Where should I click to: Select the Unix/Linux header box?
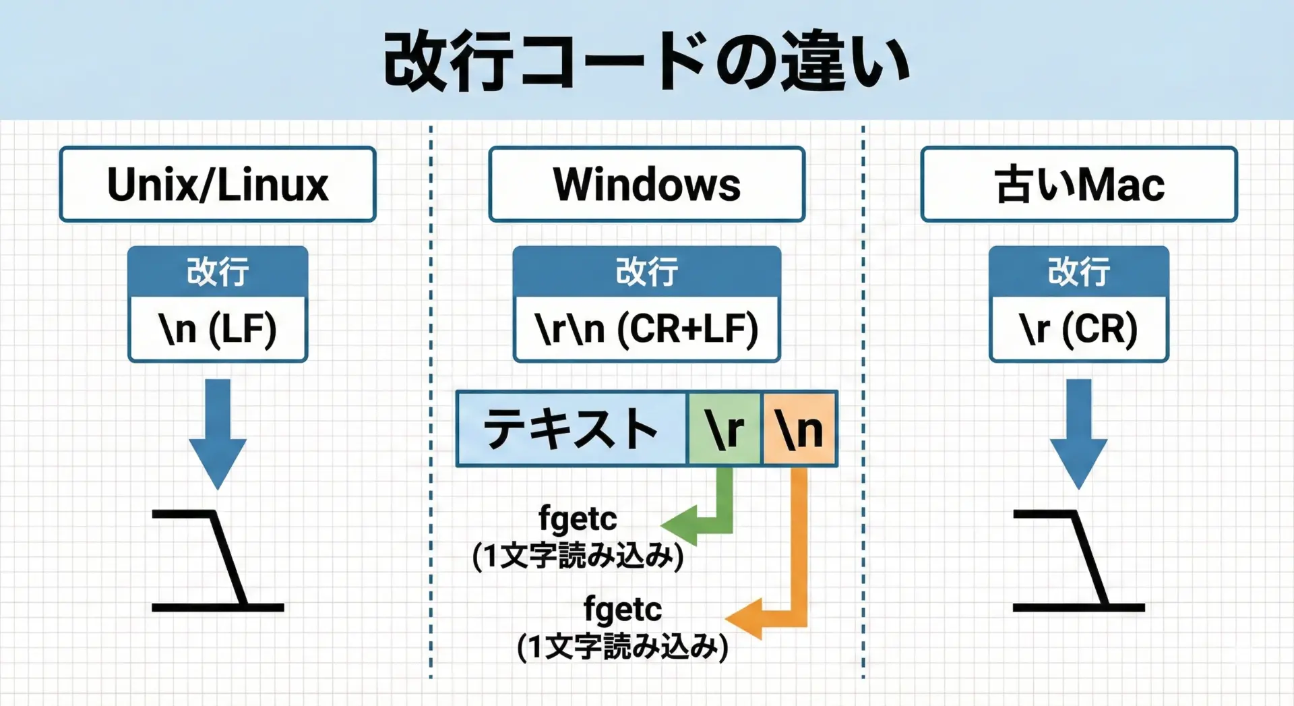click(218, 184)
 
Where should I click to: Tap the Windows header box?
click(647, 184)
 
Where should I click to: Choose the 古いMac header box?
click(1079, 184)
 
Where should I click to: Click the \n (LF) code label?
click(218, 329)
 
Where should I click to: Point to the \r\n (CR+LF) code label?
click(647, 329)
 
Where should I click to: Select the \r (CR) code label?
click(1079, 329)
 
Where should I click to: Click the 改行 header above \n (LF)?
click(218, 271)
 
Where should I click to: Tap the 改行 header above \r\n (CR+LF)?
click(647, 271)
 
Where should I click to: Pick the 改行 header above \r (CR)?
click(1079, 271)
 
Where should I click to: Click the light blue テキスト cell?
click(572, 429)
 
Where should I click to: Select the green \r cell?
click(725, 429)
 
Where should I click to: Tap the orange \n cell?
click(799, 429)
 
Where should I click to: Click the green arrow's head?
click(678, 525)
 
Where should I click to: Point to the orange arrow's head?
click(743, 618)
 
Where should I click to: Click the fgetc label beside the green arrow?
click(578, 519)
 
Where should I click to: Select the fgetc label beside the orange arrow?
click(622, 610)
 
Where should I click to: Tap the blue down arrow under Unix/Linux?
click(218, 435)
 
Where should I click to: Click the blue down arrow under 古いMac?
click(1079, 435)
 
